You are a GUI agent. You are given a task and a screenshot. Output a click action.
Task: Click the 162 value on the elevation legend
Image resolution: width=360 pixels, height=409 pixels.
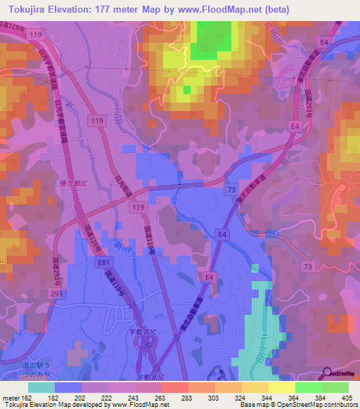tap(27, 397)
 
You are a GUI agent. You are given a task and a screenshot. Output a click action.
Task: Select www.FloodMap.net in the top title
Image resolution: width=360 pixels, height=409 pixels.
tap(223, 8)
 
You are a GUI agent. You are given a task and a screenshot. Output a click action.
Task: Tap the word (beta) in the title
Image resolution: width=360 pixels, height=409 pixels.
tap(273, 8)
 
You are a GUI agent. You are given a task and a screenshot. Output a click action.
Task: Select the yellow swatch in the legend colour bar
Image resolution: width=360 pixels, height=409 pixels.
tap(282, 387)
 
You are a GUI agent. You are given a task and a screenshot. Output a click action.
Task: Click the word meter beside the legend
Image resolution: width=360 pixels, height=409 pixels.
tap(11, 397)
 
